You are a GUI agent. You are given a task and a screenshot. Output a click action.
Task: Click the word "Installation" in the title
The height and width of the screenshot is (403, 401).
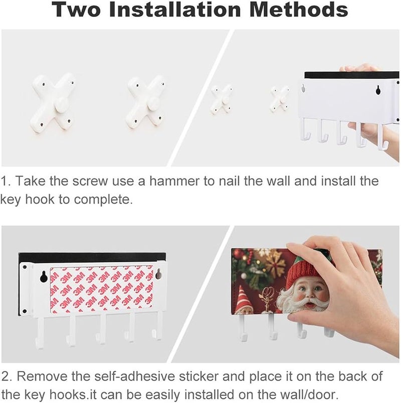(x=175, y=9)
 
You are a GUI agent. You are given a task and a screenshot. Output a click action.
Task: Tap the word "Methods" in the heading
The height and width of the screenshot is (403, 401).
(x=298, y=9)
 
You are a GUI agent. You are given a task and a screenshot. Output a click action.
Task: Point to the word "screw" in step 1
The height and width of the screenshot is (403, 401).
(x=90, y=181)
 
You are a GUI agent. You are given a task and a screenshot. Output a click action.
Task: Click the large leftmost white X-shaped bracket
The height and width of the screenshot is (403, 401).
(x=53, y=103)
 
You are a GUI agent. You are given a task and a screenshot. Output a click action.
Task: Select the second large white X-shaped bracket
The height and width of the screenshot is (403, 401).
(x=145, y=102)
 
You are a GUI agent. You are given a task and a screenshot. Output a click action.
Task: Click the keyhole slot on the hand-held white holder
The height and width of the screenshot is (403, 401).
(x=378, y=89)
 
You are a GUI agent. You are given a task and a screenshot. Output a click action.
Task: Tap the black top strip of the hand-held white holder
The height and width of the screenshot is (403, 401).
(x=352, y=75)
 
